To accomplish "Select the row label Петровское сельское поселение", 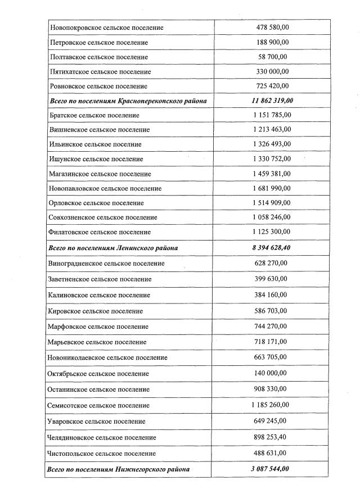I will [x=99, y=42].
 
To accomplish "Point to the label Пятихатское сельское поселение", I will [x=100, y=72].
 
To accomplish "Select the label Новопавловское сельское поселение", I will [x=106, y=188].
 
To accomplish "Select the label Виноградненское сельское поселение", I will [x=107, y=263].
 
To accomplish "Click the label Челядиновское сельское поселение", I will [x=103, y=437].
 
